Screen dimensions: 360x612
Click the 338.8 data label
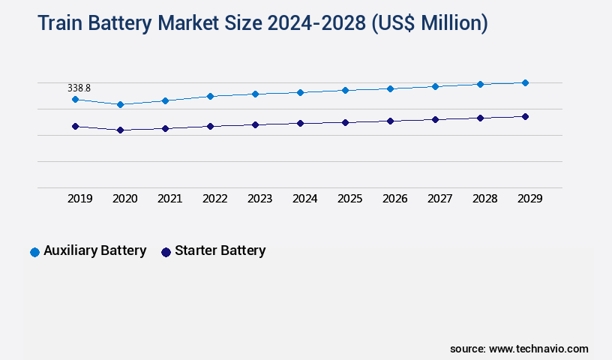pos(79,88)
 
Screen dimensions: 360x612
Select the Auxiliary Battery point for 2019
pos(75,99)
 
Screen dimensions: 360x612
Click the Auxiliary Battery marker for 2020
pos(120,104)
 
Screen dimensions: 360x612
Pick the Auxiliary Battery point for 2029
pos(525,82)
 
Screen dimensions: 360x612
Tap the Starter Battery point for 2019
pos(75,126)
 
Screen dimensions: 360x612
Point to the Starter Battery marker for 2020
pos(120,130)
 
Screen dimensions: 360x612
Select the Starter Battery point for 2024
pos(300,123)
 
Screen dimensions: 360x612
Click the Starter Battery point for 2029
pos(525,116)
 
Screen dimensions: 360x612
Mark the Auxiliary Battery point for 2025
pos(345,90)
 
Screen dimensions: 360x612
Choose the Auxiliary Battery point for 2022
pos(210,96)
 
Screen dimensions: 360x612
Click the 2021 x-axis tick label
pos(169,199)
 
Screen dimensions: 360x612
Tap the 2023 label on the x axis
pos(259,199)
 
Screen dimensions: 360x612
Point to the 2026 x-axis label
pos(394,199)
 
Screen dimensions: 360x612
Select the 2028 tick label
pos(484,199)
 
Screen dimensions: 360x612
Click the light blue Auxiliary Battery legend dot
pos(34,252)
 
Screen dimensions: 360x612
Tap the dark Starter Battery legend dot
pos(166,252)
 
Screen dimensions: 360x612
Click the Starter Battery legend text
pos(220,251)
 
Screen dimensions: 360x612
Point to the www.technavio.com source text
pos(538,349)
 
